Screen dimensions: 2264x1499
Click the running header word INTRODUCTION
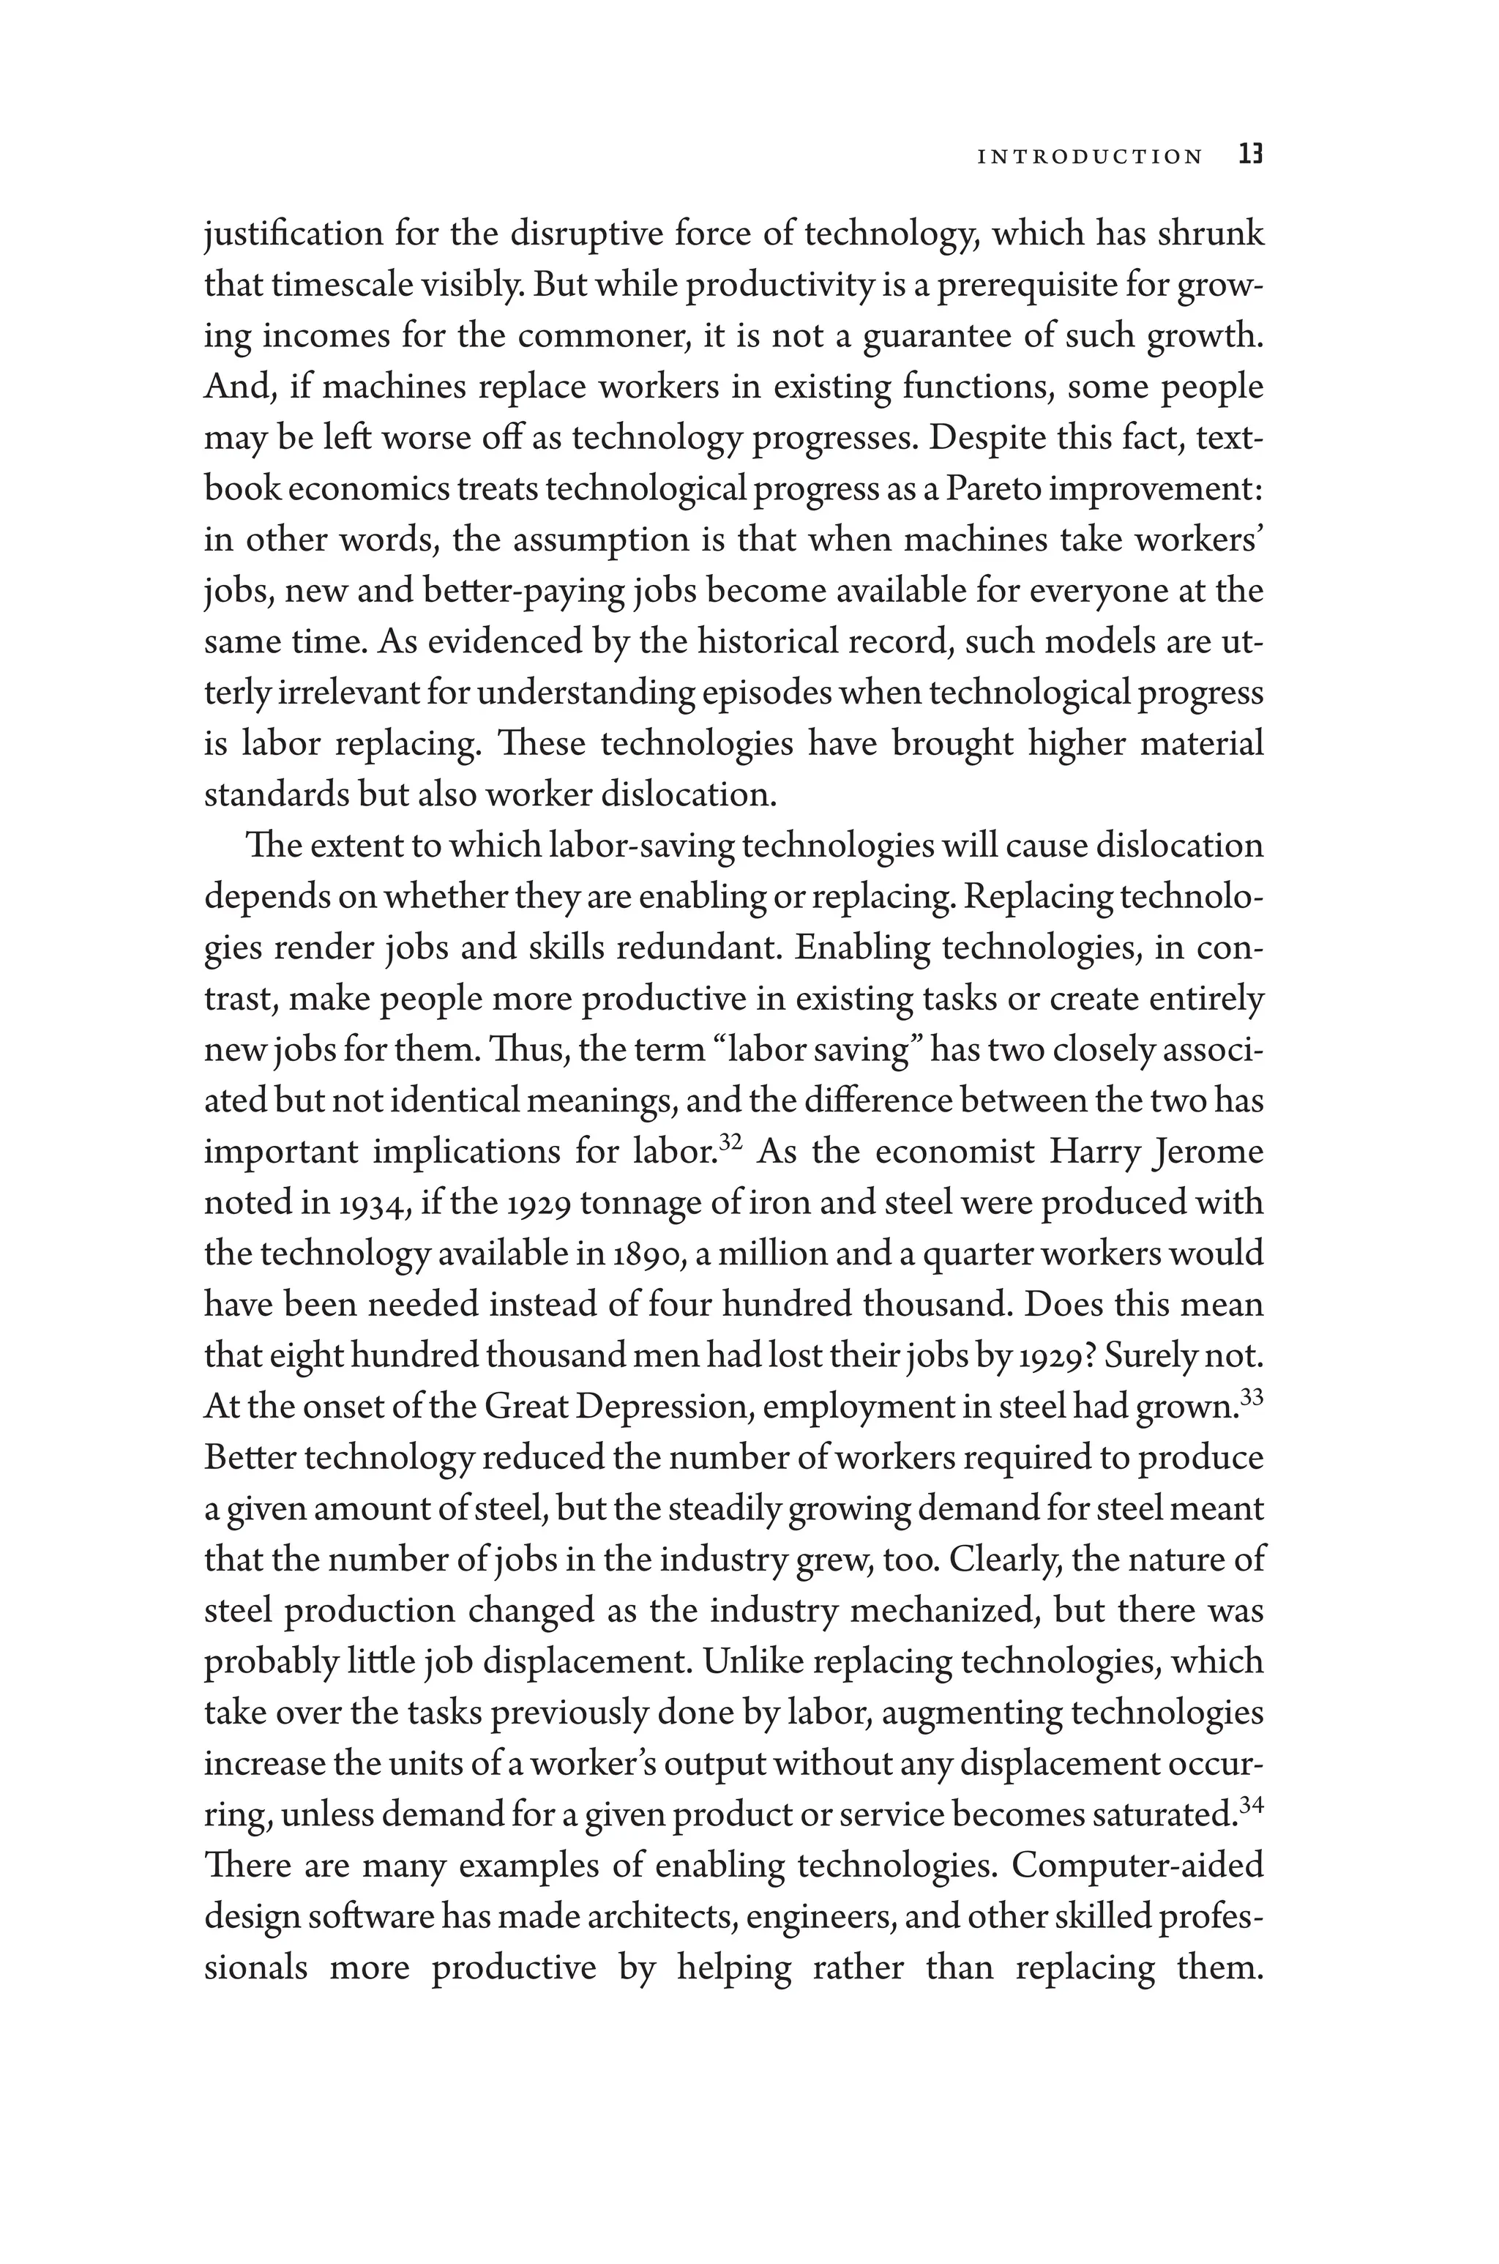click(1090, 156)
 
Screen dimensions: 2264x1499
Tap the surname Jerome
click(1209, 1152)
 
